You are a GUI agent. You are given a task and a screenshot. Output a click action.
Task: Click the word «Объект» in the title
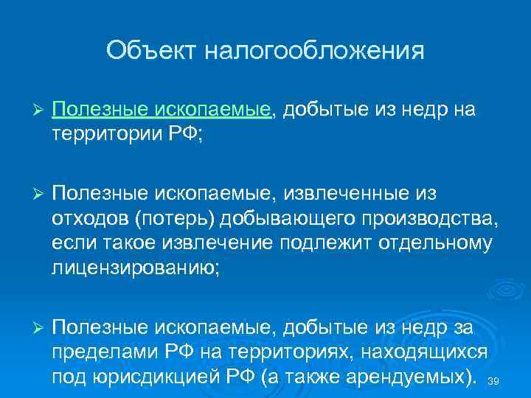(151, 51)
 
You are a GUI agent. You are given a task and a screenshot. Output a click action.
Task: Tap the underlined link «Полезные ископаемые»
(162, 111)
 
